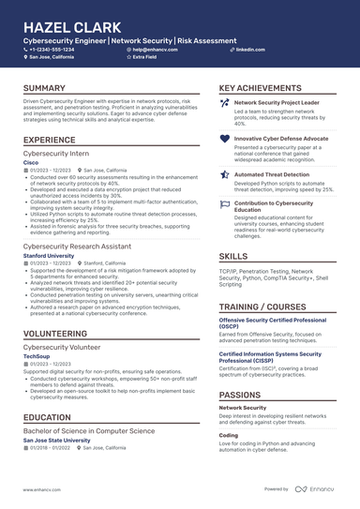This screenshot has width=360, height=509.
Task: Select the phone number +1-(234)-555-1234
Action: [58, 49]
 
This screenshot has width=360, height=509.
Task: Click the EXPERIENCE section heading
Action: [50, 140]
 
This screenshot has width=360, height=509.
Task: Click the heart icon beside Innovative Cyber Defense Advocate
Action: [224, 138]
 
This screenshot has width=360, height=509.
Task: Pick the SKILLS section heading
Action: [233, 255]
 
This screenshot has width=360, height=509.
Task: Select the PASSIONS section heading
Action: [240, 395]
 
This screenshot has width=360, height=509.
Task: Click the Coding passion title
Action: [229, 435]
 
